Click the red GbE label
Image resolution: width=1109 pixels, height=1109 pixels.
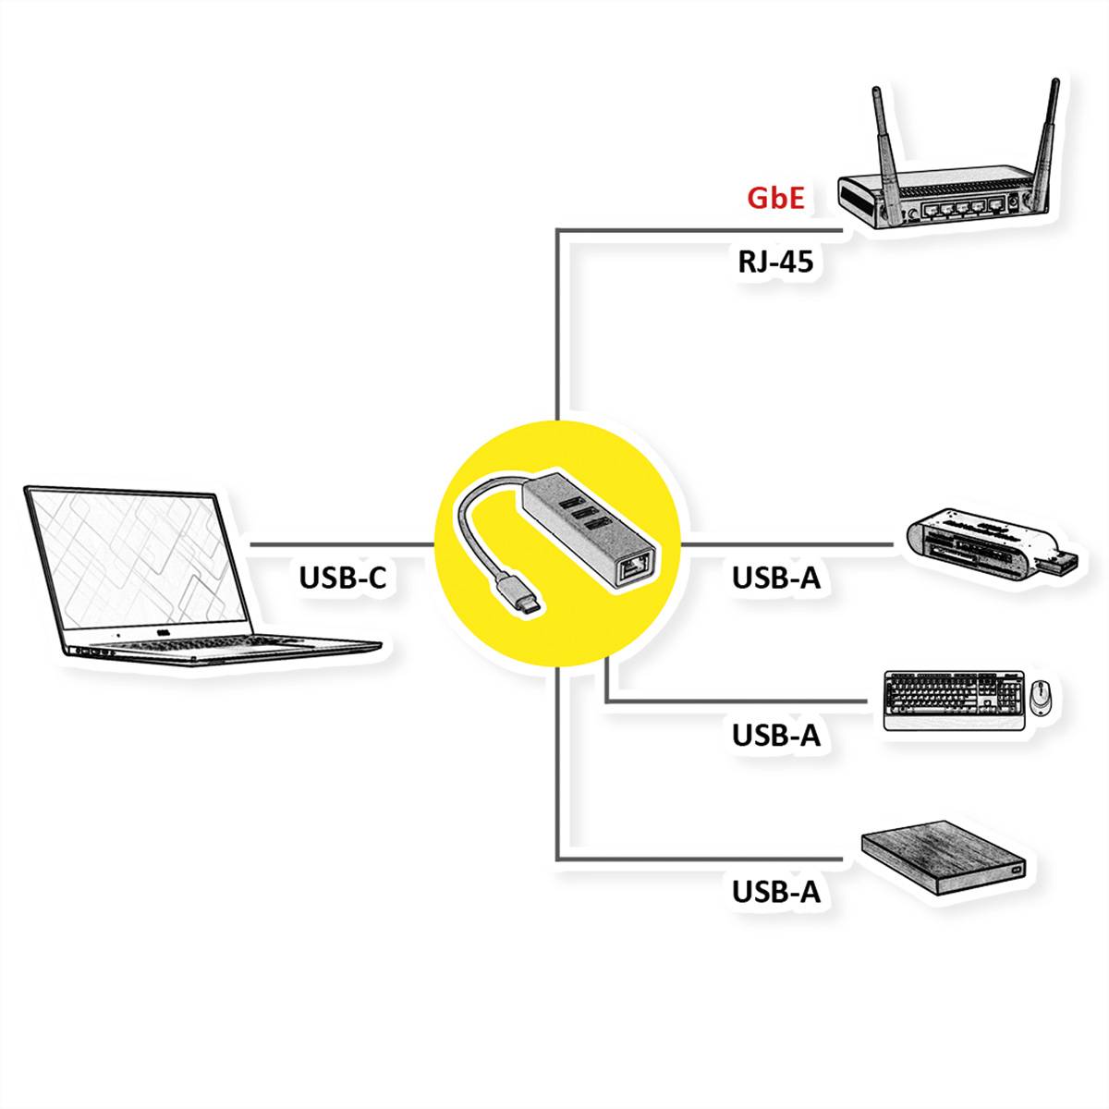775,198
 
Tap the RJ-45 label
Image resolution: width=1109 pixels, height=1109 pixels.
775,262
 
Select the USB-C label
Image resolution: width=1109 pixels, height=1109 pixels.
342,578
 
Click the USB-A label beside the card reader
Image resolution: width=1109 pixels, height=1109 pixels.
776,578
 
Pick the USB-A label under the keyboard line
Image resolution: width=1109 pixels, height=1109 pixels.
776,736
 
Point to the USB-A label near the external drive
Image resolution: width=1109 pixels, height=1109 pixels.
776,893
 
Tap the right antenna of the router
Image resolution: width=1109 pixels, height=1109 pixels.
1046,139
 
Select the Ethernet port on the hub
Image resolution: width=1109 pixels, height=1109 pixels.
636,565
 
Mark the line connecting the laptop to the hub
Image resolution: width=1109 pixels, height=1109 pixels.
342,544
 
